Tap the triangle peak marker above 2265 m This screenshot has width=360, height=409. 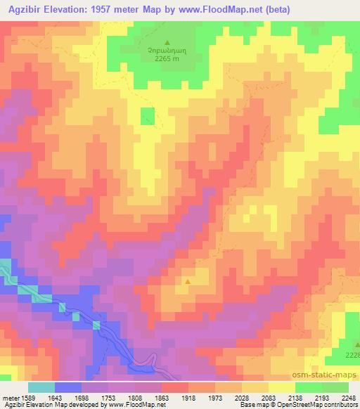click(x=167, y=42)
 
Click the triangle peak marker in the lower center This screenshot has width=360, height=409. click(x=188, y=282)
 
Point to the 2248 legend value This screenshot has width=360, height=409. click(x=347, y=397)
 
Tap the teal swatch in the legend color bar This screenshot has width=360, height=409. click(x=41, y=387)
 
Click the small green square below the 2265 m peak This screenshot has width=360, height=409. click(x=147, y=117)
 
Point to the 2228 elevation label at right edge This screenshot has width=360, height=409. click(x=352, y=355)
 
